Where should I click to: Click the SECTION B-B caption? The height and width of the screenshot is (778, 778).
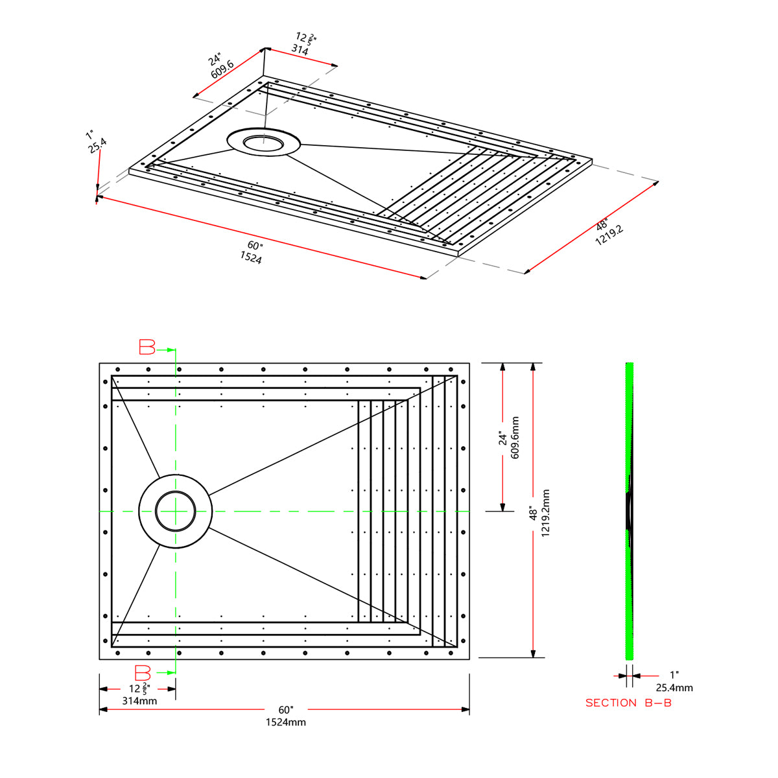(x=628, y=703)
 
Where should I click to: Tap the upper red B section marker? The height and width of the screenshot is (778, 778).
(x=148, y=348)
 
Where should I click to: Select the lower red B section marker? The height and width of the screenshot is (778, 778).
(x=143, y=673)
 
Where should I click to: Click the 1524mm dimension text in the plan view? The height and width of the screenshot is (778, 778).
(x=285, y=722)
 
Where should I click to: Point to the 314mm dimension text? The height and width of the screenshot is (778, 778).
(x=139, y=701)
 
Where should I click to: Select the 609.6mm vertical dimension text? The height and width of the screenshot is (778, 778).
(x=515, y=438)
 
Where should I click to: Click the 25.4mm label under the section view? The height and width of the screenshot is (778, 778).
(x=674, y=688)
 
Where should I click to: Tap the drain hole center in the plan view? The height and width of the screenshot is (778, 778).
(x=175, y=512)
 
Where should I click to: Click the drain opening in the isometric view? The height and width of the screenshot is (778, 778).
(x=263, y=143)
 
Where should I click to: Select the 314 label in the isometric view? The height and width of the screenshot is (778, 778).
(x=300, y=49)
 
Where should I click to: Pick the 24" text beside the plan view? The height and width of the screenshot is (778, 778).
(x=502, y=438)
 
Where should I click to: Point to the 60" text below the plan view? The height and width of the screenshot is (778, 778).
(x=285, y=710)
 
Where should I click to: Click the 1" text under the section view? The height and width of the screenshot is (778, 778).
(x=674, y=676)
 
